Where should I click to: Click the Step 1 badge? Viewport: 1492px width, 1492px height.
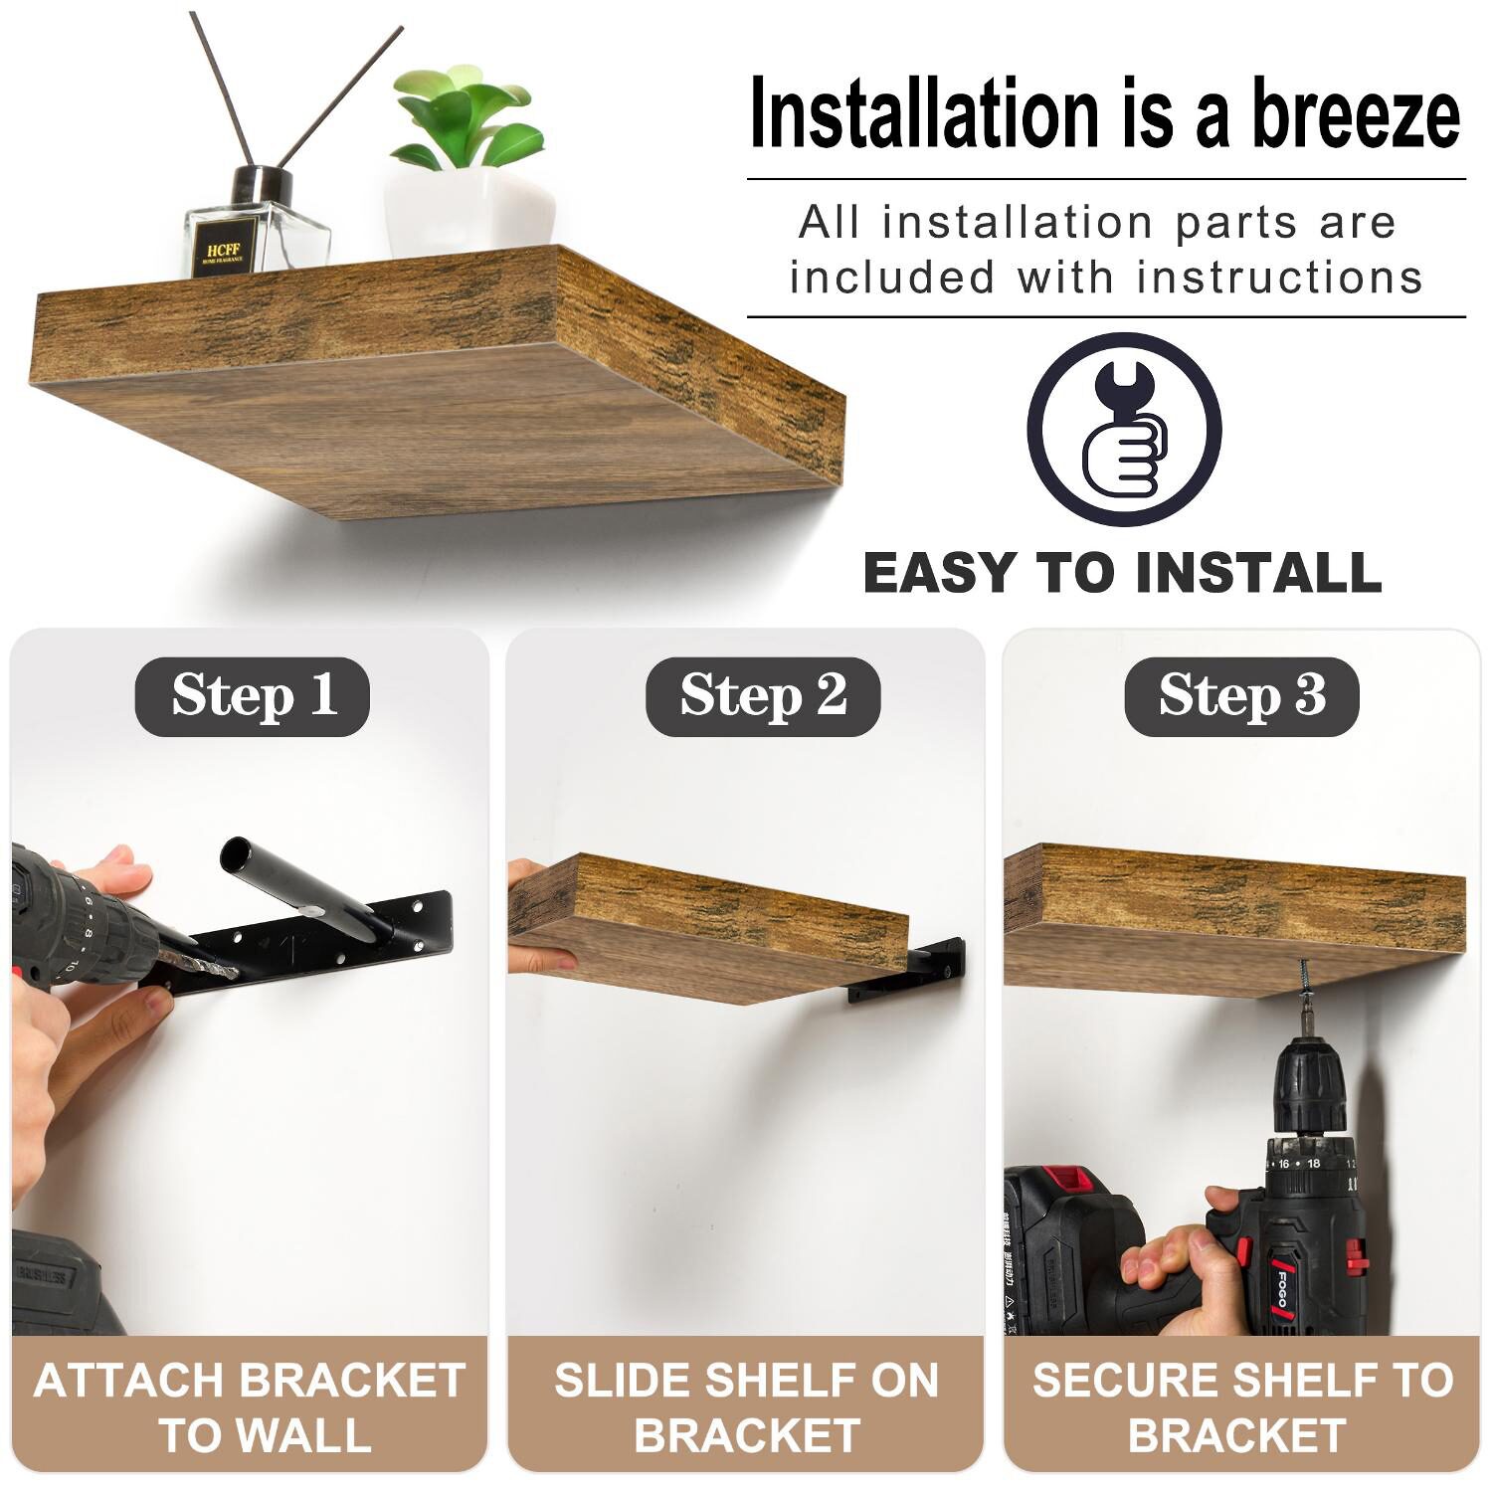[x=252, y=696]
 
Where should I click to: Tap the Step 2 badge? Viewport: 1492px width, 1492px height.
[x=763, y=696]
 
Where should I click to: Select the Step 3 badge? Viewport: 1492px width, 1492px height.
[x=1241, y=696]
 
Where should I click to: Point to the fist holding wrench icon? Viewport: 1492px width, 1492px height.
[x=1124, y=430]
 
